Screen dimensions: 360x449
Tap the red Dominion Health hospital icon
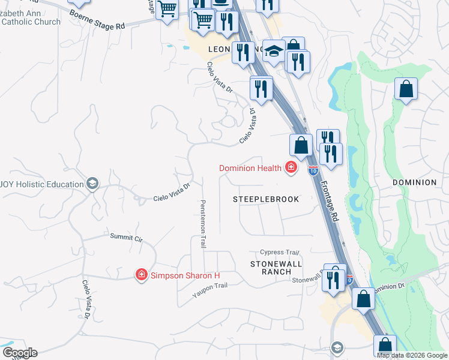[292, 167]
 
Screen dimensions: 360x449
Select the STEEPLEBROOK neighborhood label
[266, 199]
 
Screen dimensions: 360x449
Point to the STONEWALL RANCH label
[276, 268]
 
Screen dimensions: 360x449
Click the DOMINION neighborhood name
[414, 182]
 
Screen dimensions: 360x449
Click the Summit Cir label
[126, 238]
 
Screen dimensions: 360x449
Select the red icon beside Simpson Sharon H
[142, 275]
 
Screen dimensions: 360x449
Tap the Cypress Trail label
[279, 253]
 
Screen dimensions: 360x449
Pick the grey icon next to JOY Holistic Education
[92, 184]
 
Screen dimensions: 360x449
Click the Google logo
[19, 353]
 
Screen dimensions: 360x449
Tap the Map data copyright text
[412, 355]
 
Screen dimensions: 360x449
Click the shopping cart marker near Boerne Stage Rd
[167, 9]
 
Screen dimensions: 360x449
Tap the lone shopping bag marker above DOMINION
[406, 89]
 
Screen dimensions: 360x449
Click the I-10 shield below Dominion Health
[313, 170]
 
